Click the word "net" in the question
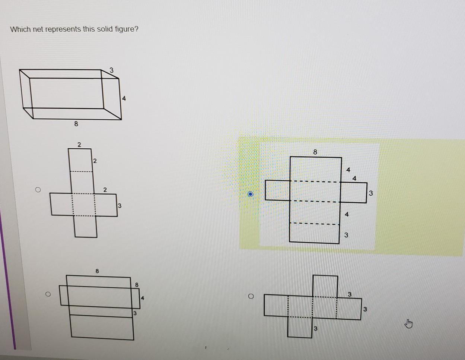38,29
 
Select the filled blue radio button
250,194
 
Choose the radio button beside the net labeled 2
38,190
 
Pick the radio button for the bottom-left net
48,294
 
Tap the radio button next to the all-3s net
251,296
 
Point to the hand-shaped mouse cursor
408,323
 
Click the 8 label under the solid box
76,124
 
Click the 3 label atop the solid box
111,70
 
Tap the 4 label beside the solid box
124,98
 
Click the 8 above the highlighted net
315,152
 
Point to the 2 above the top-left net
79,145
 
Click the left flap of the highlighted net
277,190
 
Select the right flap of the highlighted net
353,193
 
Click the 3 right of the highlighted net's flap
371,193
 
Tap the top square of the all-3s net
325,286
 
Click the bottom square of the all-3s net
300,327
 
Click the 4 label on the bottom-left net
143,298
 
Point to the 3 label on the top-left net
120,206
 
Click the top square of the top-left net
80,160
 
